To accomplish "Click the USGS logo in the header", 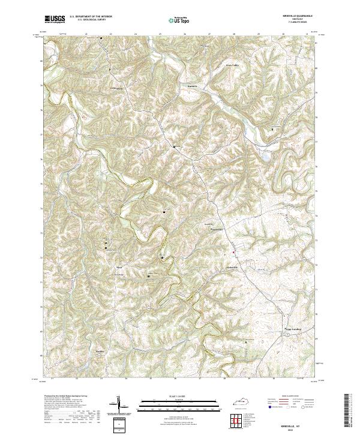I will pos(55,19).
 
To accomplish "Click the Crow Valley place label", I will pos(232,65).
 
